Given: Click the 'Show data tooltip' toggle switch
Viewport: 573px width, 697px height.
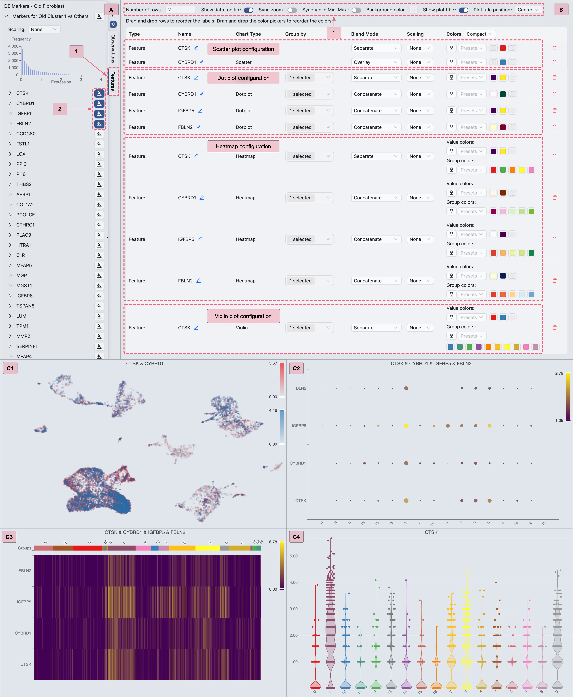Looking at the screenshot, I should pyautogui.click(x=249, y=10).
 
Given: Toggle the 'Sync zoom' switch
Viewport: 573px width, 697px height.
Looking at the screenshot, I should pyautogui.click(x=292, y=10).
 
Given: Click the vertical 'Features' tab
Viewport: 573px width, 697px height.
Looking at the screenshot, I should pyautogui.click(x=113, y=81).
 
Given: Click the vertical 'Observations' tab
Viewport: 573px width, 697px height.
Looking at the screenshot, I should pyautogui.click(x=113, y=49).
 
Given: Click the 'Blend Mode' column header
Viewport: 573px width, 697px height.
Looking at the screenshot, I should pyautogui.click(x=364, y=34).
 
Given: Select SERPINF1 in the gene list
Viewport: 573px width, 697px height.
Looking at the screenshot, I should pyautogui.click(x=27, y=346).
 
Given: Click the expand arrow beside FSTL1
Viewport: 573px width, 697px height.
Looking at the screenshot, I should pyautogui.click(x=10, y=144).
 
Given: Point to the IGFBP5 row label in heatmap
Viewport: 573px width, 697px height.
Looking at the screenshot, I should pyautogui.click(x=24, y=602).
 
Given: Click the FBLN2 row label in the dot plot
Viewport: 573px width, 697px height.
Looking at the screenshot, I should pyautogui.click(x=300, y=388).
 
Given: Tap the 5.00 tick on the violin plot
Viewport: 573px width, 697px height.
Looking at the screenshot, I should pyautogui.click(x=293, y=556).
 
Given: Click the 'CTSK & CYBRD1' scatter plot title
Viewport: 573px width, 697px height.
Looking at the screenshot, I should pyautogui.click(x=145, y=363).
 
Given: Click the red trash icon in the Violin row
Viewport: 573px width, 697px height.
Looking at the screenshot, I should pyautogui.click(x=555, y=328).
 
